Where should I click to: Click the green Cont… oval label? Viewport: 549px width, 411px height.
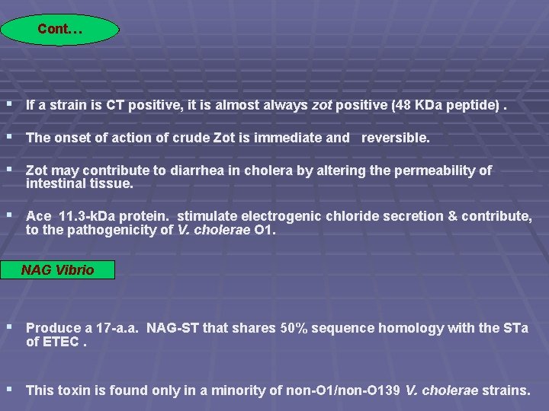click(59, 30)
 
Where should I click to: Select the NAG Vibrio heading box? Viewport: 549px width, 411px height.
click(58, 270)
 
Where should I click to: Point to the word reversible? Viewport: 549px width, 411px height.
click(395, 138)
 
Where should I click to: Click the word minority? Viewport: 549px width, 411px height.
click(230, 390)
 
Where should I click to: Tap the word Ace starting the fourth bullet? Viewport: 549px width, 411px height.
click(39, 216)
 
